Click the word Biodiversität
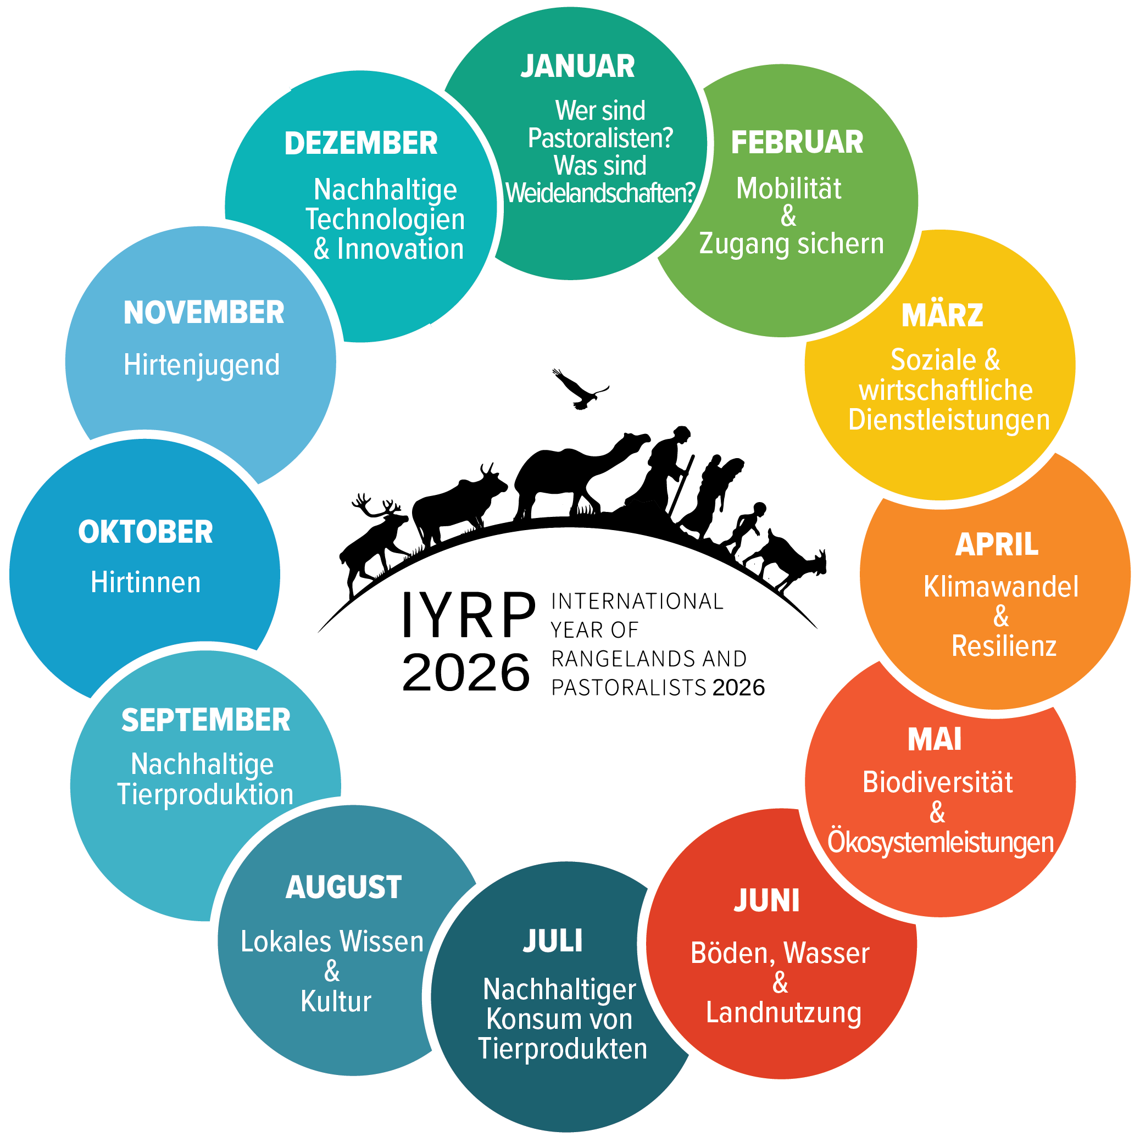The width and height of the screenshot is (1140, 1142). [x=937, y=782]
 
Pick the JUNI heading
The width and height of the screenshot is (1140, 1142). [x=766, y=901]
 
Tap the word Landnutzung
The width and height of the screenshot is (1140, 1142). [x=783, y=1013]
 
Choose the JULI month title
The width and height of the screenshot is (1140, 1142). [x=552, y=941]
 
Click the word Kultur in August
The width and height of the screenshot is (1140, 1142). [x=336, y=1001]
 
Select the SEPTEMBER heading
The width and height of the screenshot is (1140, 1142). [x=206, y=720]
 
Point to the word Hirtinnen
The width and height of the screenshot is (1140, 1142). [x=146, y=582]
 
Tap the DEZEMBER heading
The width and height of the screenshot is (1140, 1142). [x=361, y=143]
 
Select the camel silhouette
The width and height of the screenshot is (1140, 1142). [x=576, y=476]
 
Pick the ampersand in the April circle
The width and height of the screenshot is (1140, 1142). [x=1000, y=616]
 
